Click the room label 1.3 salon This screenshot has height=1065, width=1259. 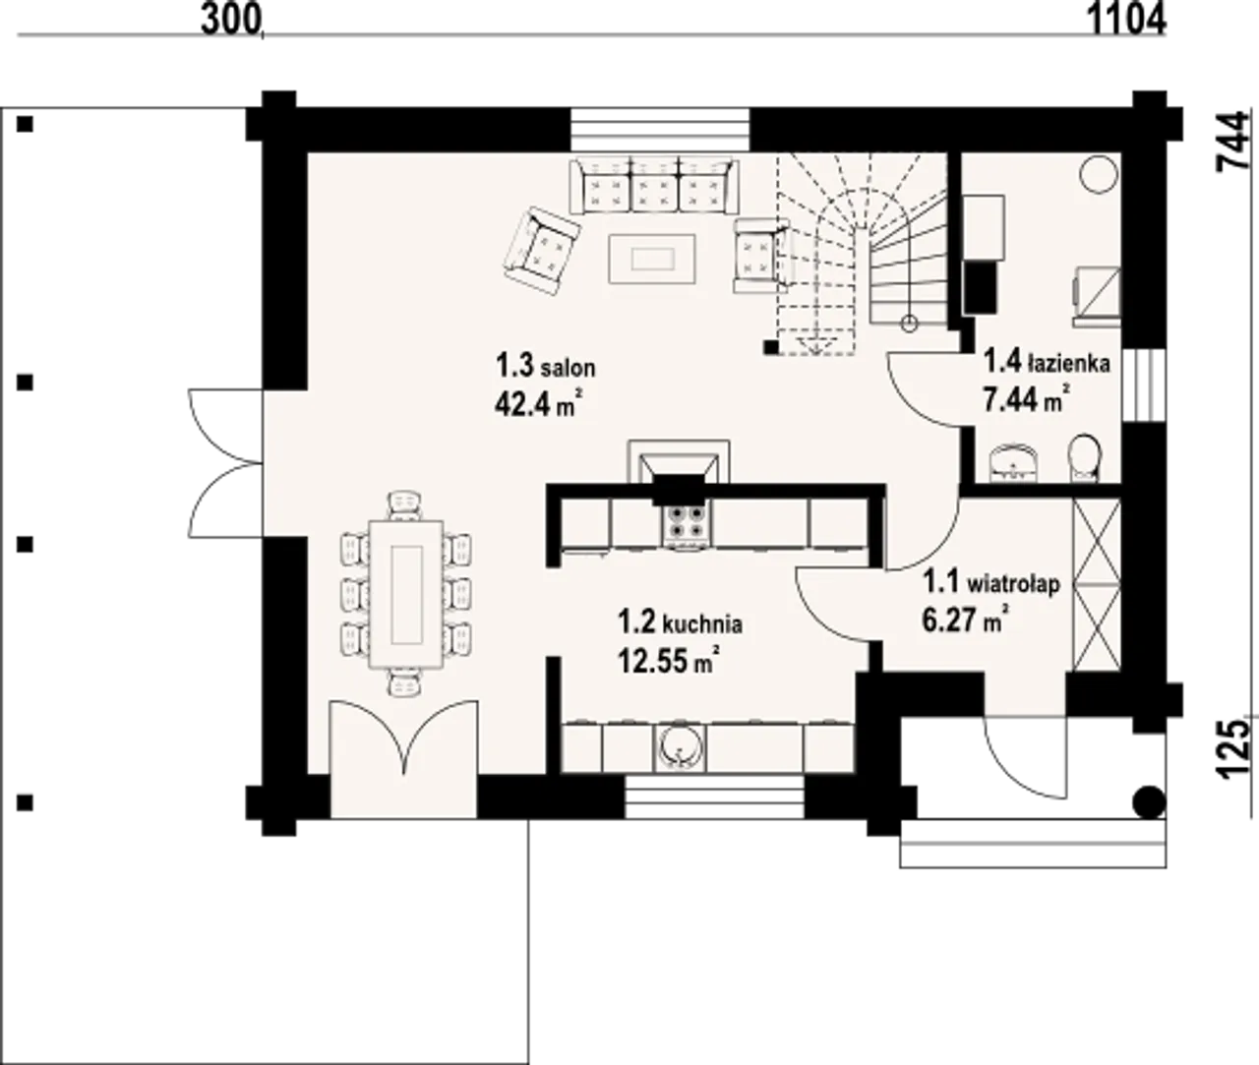[545, 367]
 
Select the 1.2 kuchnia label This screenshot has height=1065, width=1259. [681, 623]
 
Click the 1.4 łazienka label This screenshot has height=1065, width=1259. [1047, 364]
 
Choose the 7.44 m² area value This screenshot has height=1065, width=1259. [1027, 400]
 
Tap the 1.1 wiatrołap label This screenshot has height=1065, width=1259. [991, 583]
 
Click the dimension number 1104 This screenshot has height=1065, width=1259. [1126, 20]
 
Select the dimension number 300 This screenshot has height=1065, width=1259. [231, 20]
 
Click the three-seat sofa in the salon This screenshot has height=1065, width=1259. [655, 185]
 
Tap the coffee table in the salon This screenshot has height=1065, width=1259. [652, 260]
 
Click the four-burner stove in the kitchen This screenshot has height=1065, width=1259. [685, 524]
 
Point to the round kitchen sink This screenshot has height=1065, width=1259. [680, 748]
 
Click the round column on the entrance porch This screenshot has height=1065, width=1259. [1150, 803]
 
